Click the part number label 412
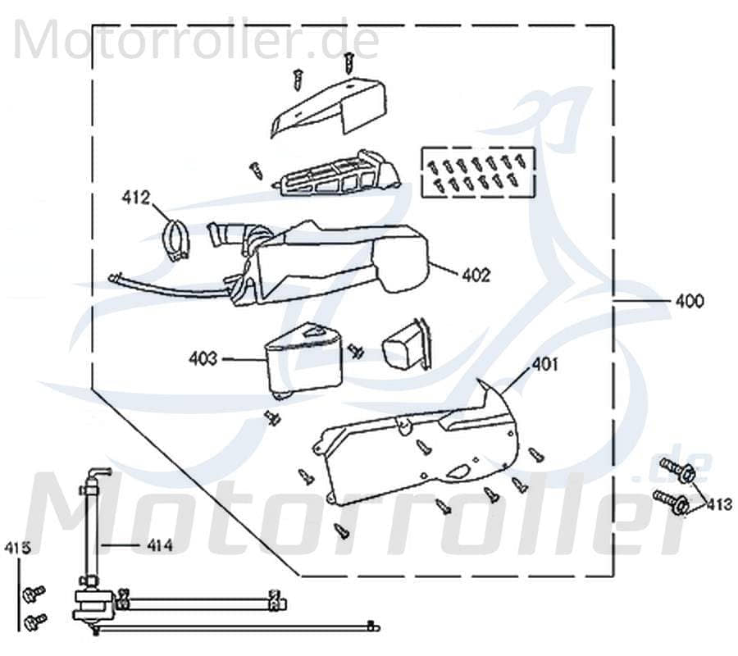coord(136,197)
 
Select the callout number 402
coord(476,276)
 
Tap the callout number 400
coord(689,302)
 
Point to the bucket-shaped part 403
coord(303,361)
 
